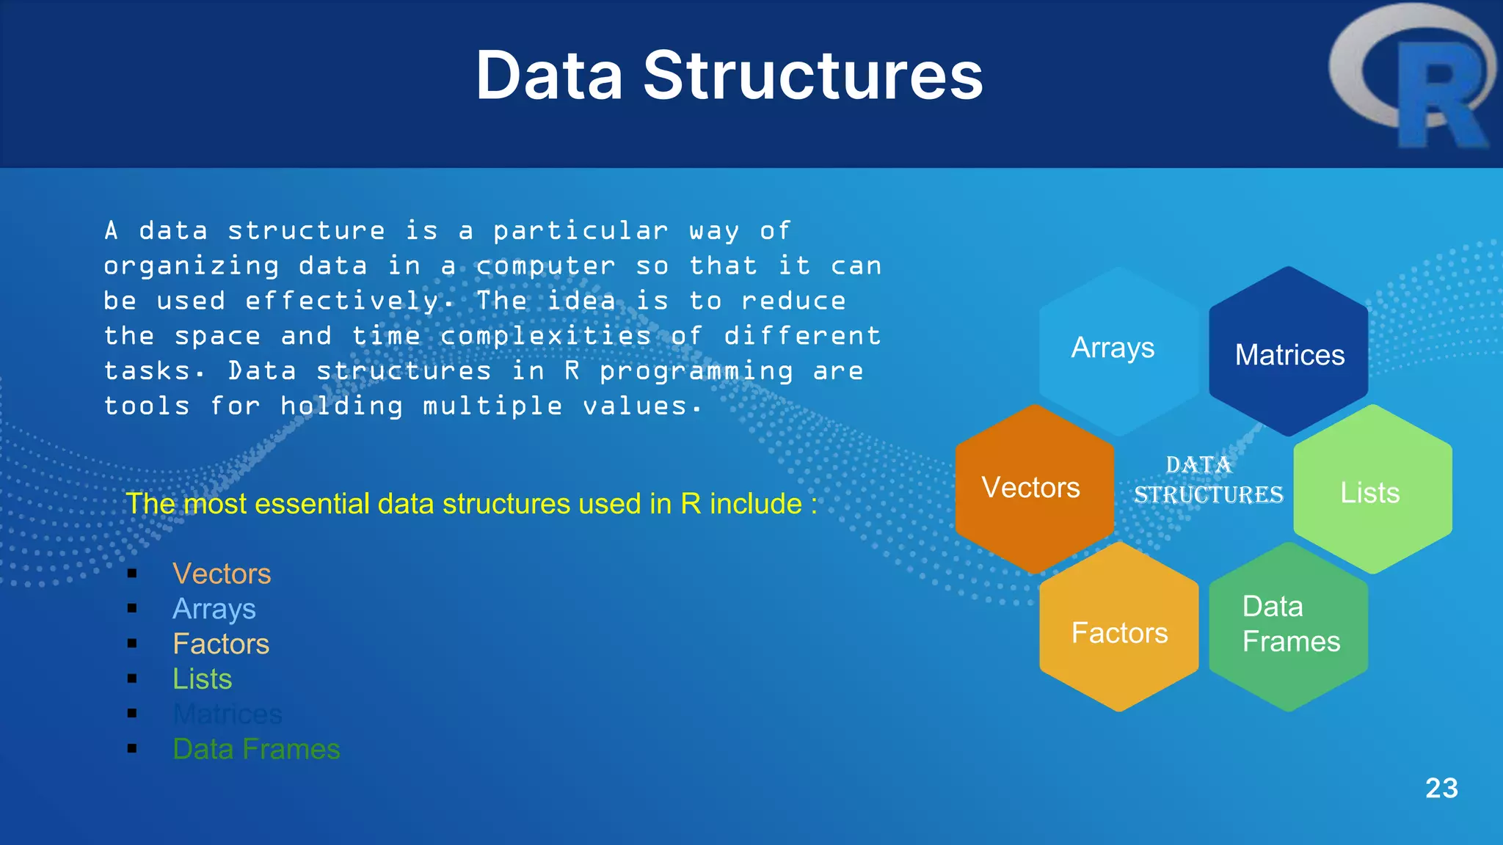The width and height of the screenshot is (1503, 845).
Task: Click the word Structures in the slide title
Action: pos(812,76)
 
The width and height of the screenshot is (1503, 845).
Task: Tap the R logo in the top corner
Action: pos(1413,77)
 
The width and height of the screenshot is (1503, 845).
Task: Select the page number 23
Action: pos(1441,789)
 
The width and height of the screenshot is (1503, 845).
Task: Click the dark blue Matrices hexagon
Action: pos(1289,352)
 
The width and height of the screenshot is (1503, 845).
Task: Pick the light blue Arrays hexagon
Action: pos(1117,351)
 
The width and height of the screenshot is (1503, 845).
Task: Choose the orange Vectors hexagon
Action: pos(1033,489)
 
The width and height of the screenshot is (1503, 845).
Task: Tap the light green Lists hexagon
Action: pos(1372,490)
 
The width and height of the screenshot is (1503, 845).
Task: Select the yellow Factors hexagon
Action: pos(1118,629)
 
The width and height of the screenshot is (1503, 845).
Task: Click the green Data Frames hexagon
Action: pos(1289,625)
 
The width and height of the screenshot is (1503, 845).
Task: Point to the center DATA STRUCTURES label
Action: pos(1207,480)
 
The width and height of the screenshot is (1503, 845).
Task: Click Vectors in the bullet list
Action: pos(222,574)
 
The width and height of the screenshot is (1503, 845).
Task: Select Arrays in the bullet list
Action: pos(214,609)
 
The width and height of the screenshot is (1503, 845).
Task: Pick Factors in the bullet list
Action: pos(221,644)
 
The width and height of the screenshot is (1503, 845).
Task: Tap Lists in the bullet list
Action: pos(203,679)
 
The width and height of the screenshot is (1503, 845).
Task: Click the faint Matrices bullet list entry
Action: pos(228,714)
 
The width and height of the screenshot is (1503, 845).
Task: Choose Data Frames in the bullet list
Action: pos(256,749)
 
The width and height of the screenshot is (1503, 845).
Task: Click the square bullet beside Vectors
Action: pos(132,574)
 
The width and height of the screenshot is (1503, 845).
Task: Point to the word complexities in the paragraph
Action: pos(546,336)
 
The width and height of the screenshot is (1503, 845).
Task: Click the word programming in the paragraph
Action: pos(696,371)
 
